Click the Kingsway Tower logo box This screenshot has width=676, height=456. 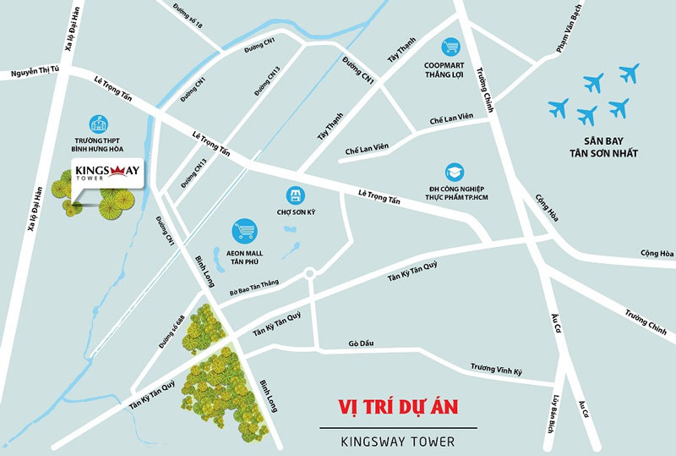point(106,173)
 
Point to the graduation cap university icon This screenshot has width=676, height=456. point(455,171)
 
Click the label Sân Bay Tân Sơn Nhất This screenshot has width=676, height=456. point(602,146)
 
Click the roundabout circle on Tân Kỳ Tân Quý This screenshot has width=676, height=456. point(309,274)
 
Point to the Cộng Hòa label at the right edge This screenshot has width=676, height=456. point(657,253)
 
